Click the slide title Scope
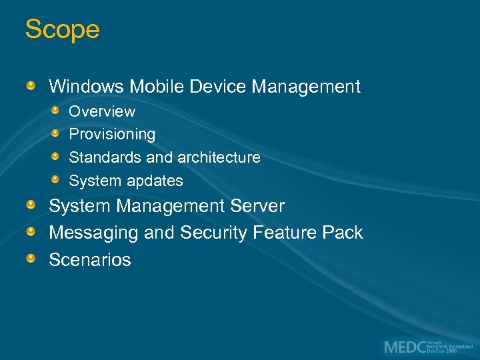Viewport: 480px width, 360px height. [62, 30]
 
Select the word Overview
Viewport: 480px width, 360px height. [102, 111]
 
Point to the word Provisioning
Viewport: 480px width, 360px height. [112, 135]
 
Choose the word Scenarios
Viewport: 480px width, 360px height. [90, 259]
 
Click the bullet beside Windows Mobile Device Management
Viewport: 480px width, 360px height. [31, 86]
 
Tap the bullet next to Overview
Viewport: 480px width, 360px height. [57, 110]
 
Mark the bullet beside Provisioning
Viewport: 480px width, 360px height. [57, 133]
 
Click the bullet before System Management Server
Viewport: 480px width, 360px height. [31, 205]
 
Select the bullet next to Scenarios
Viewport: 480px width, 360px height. [31, 258]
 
